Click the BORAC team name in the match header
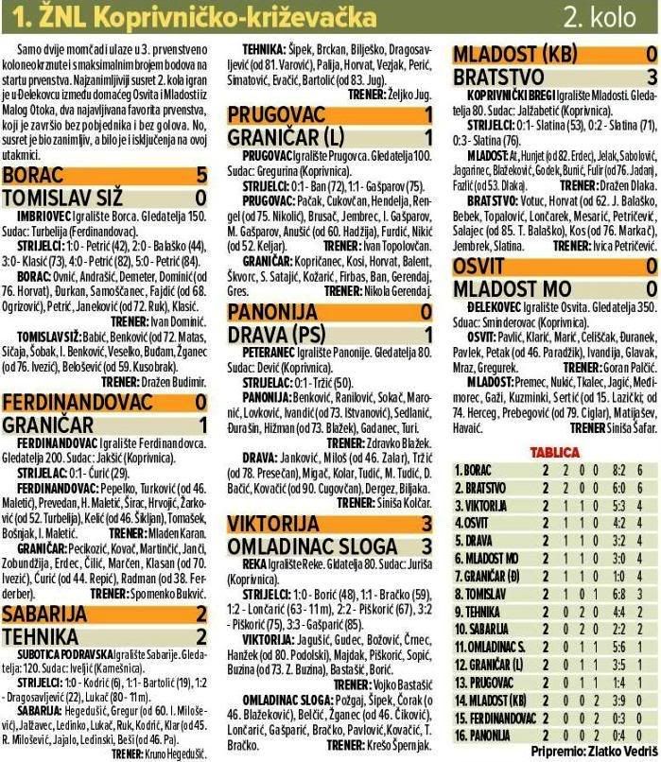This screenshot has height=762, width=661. [x=35, y=175]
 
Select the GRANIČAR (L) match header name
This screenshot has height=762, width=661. [x=285, y=137]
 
